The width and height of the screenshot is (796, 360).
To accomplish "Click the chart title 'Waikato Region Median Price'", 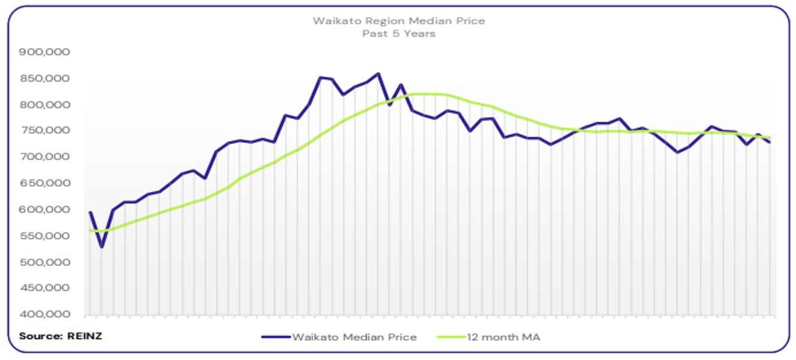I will coord(399,21).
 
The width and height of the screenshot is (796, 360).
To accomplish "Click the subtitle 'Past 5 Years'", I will coord(399,34).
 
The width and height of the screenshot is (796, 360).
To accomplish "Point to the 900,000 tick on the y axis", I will coord(46,52).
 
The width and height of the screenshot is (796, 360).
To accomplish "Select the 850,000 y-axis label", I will coord(46,79).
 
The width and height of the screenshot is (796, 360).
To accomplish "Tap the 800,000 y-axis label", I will coord(46,105).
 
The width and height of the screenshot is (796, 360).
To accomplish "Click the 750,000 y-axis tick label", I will coord(46,131).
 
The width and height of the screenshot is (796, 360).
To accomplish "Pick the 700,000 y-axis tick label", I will coord(46,157).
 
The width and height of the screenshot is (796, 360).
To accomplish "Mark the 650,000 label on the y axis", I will coord(46,184).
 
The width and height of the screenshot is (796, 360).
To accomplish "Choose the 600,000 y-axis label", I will coord(46,210).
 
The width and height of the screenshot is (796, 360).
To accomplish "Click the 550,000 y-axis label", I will coord(46,236).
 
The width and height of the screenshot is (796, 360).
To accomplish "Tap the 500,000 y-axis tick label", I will coord(46,263).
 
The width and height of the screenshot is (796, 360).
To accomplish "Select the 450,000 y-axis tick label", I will coord(46,289).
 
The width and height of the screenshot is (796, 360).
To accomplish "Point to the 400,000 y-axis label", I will coord(46,315).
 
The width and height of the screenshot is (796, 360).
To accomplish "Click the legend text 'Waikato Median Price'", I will coord(354,337).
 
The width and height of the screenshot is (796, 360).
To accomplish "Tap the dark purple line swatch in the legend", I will coord(275,337).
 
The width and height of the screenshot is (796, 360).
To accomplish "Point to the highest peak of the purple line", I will coord(378,74).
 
